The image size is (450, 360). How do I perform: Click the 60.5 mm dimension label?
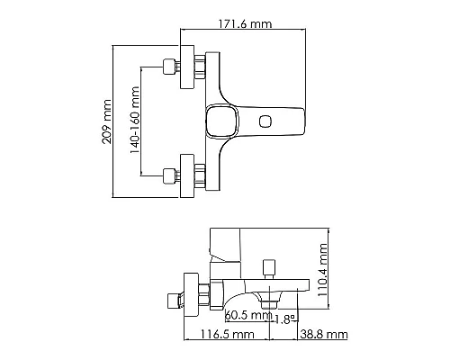click(248, 315)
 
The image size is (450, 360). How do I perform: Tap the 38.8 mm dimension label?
click(323, 334)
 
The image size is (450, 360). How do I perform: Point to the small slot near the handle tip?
click(266, 121)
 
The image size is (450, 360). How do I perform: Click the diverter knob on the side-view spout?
click(266, 269)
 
